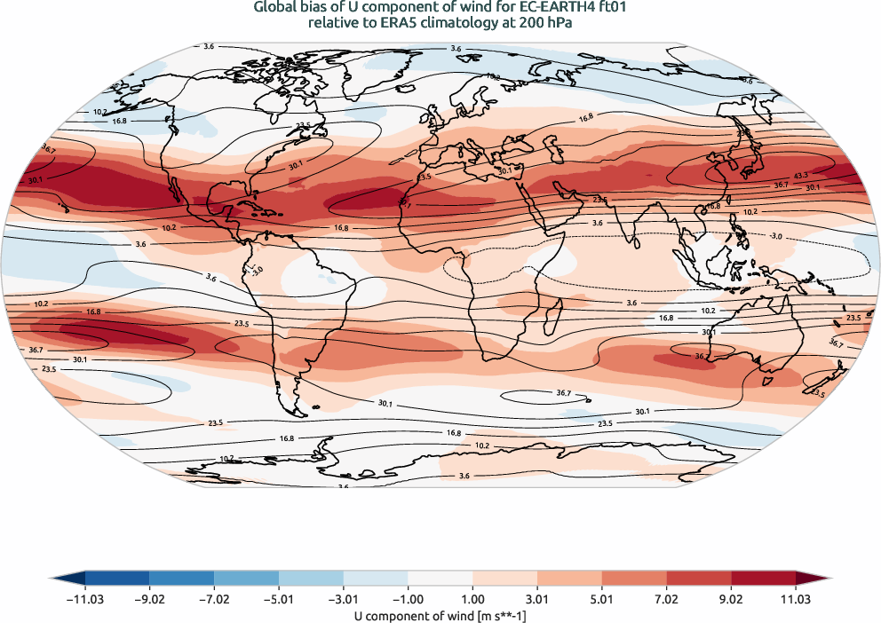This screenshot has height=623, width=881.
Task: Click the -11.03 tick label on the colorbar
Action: click(85, 599)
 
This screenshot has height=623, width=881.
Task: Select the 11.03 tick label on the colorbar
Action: click(796, 599)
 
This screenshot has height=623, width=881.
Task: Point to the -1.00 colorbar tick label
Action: click(344, 599)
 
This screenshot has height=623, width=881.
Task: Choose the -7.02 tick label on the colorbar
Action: click(214, 599)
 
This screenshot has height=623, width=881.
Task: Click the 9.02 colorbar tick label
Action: click(731, 599)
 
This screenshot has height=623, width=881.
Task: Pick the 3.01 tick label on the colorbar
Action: click(537, 599)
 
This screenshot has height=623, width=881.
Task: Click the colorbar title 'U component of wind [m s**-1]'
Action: click(440, 614)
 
